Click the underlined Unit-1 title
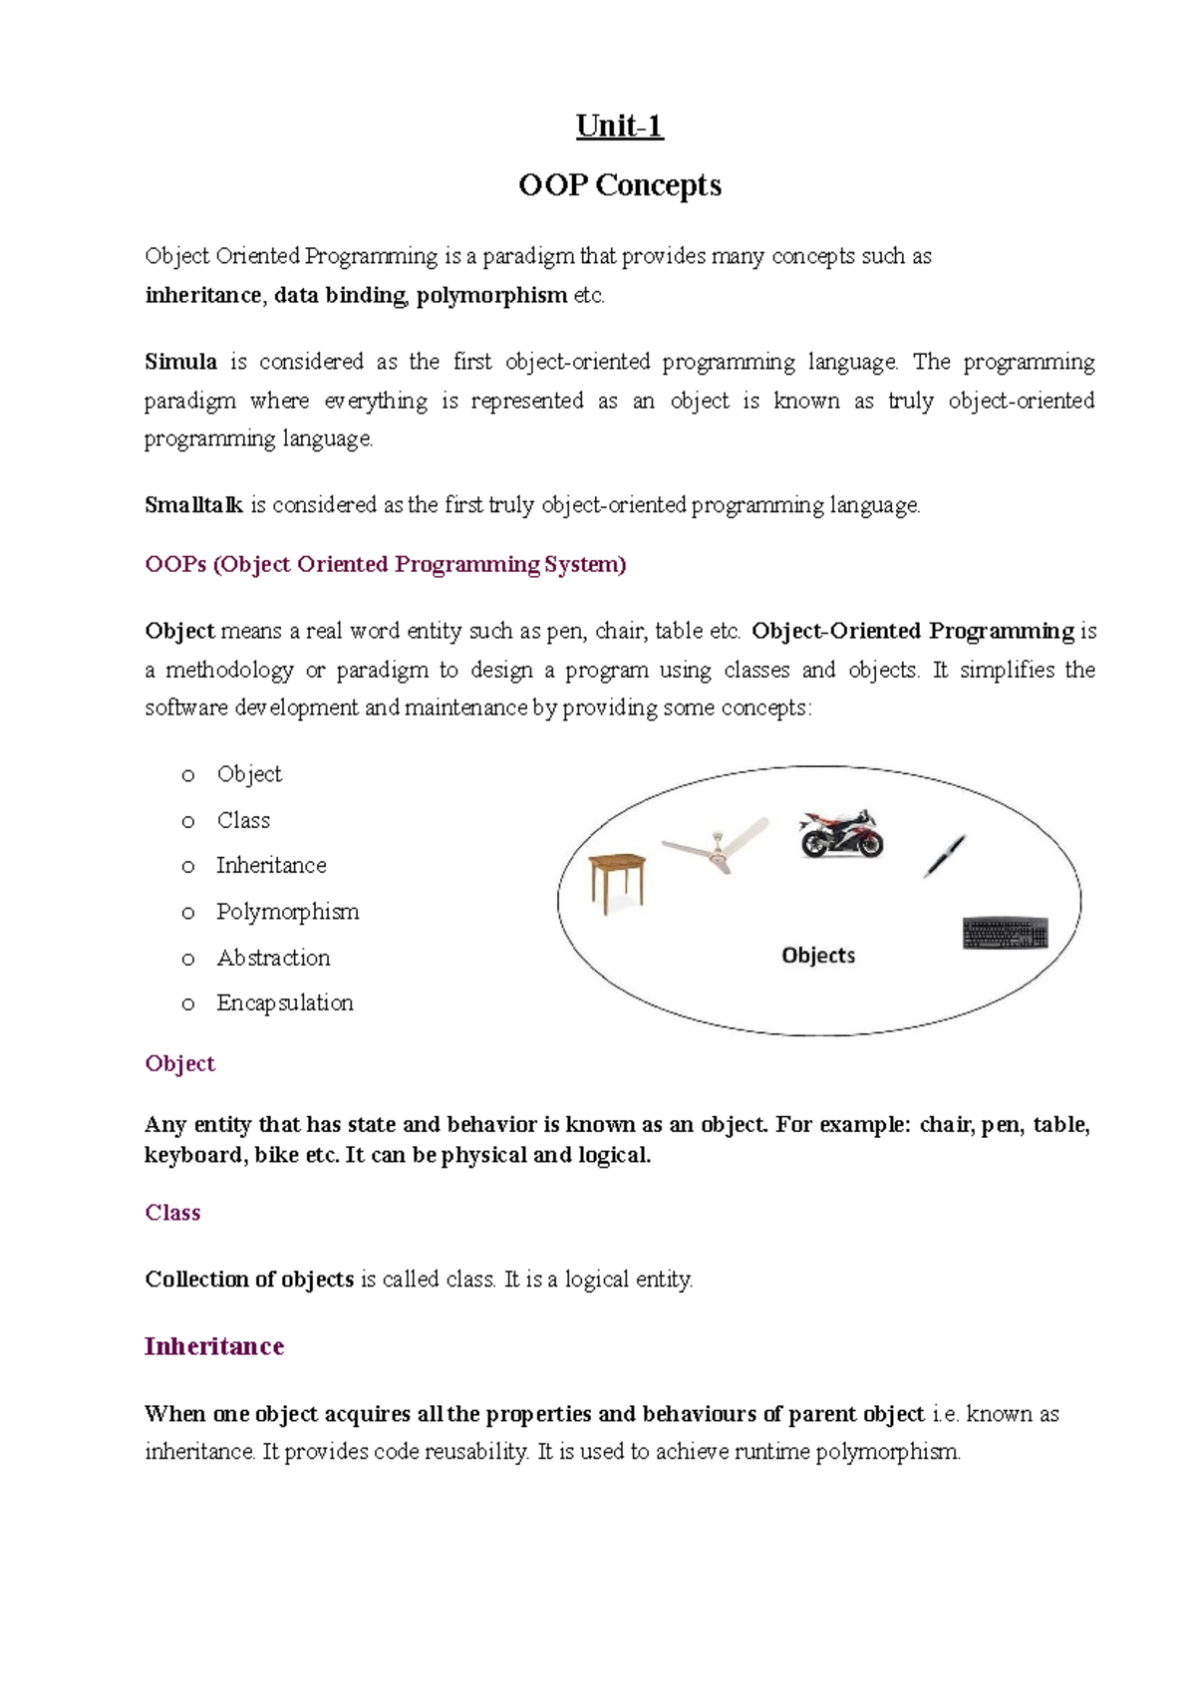(x=619, y=127)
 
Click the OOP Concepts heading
(x=619, y=185)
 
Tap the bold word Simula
(x=180, y=362)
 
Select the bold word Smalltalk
(x=193, y=505)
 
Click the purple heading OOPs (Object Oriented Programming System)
(x=386, y=565)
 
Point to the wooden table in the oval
(x=617, y=881)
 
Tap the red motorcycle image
(x=841, y=834)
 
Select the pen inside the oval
(x=944, y=856)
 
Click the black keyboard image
(x=1006, y=934)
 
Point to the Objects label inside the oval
(x=818, y=956)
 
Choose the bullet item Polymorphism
(x=287, y=912)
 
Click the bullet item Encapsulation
(x=285, y=1003)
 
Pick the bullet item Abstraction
(x=273, y=958)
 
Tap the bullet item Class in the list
(x=243, y=820)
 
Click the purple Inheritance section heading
(x=214, y=1347)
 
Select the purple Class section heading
(x=172, y=1213)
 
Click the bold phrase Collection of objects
(x=249, y=1279)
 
